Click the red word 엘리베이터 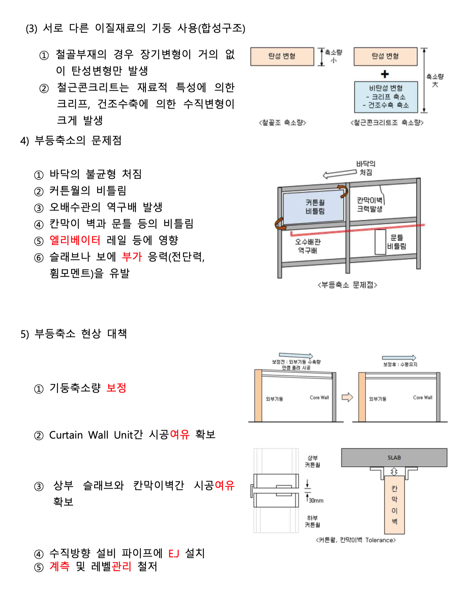click(75, 240)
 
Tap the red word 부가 click(132, 257)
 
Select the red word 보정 click(116, 388)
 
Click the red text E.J click(174, 554)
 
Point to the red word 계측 click(60, 566)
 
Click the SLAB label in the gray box click(394, 458)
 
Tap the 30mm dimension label click(316, 501)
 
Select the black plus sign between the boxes click(385, 74)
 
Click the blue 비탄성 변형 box click(386, 97)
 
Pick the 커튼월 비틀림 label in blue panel click(315, 207)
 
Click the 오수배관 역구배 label click(308, 246)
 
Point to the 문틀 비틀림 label click(397, 242)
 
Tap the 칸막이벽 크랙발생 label click(370, 205)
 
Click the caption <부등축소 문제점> click(347, 285)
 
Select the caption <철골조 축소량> click(282, 123)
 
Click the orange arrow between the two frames click(347, 397)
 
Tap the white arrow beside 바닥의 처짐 click(339, 174)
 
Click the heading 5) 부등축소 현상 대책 click(74, 334)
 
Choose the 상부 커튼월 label click(313, 461)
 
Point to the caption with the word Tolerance click(356, 540)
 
